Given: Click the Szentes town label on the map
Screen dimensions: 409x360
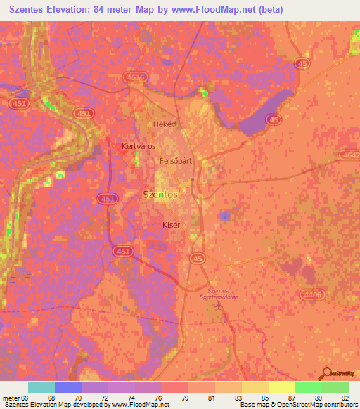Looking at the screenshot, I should click(160, 194).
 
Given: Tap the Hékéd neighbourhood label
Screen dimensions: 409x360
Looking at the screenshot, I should click(164, 124).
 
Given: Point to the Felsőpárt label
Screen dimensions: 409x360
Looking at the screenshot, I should click(176, 161).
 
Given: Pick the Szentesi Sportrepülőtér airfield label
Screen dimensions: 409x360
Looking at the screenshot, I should click(210, 294).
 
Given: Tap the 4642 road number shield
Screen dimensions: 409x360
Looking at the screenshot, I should click(349, 154).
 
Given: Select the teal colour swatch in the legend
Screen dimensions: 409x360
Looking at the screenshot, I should click(41, 387).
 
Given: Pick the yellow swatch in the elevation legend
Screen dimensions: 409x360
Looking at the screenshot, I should click(281, 387).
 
